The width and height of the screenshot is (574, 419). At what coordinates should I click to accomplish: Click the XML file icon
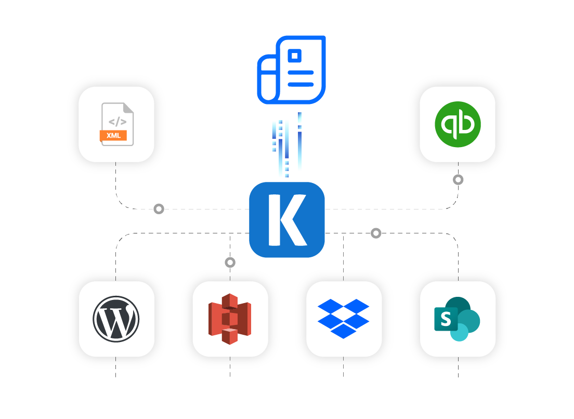[117, 124]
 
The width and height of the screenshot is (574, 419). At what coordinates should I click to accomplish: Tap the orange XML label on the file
[113, 136]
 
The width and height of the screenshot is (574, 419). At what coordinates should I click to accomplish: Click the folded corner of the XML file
[128, 108]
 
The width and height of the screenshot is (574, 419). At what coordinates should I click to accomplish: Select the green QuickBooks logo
[458, 124]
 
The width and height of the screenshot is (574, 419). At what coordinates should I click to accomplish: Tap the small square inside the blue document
[295, 55]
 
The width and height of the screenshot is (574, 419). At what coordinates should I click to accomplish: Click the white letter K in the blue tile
[285, 219]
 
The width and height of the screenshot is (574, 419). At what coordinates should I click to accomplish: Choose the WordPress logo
[116, 319]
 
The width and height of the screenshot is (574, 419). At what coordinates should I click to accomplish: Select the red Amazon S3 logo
[230, 319]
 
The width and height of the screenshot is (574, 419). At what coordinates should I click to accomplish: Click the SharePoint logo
[457, 319]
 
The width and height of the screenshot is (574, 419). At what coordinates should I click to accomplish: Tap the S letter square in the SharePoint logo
[446, 319]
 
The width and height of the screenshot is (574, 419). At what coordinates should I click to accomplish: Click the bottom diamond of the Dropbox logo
[343, 330]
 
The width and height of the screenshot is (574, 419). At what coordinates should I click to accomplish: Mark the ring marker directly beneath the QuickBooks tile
[458, 180]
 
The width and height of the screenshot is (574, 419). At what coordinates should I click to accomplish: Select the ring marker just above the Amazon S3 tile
[230, 263]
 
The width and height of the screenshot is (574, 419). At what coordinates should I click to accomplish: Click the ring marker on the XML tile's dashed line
[159, 209]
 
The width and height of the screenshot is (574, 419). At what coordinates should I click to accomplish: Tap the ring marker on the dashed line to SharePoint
[376, 233]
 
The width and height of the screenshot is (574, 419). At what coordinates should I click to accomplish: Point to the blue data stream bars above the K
[286, 146]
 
